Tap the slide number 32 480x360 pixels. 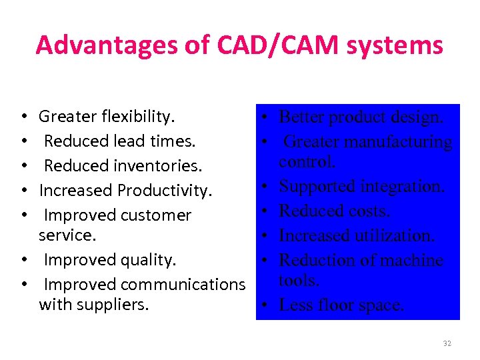pyautogui.click(x=447, y=343)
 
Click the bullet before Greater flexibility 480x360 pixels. pyautogui.click(x=24, y=117)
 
